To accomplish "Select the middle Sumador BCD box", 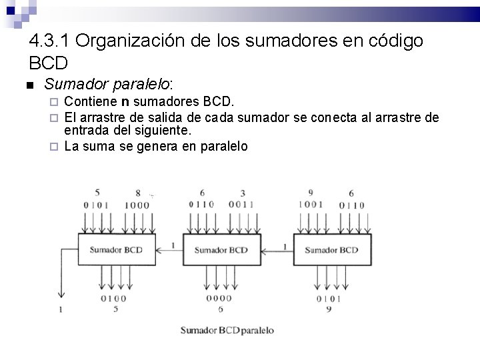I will tap(220, 250).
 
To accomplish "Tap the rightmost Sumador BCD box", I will tap(331, 250).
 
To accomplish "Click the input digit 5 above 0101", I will tap(97, 193).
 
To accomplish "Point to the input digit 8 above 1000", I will tap(138, 193).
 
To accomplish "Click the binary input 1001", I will tap(311, 205).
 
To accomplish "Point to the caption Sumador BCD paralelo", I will tap(227, 331).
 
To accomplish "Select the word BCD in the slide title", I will tap(49, 64).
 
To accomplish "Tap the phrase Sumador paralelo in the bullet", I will tap(107, 85).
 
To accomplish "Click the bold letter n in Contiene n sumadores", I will tap(125, 102).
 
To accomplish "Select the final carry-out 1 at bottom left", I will tap(61, 309).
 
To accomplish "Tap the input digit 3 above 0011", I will tap(243, 193).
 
